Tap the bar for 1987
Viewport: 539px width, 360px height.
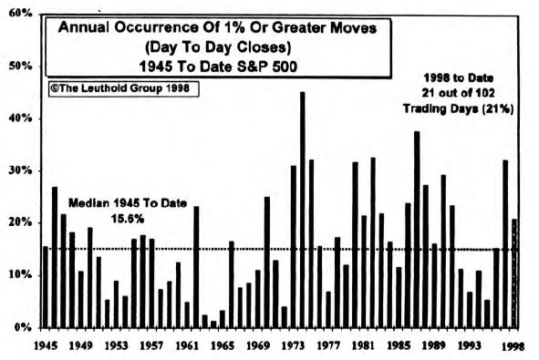pos(417,229)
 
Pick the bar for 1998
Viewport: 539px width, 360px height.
pos(515,273)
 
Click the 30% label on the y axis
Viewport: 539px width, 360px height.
pos(21,170)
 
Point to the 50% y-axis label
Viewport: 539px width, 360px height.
pos(21,67)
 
